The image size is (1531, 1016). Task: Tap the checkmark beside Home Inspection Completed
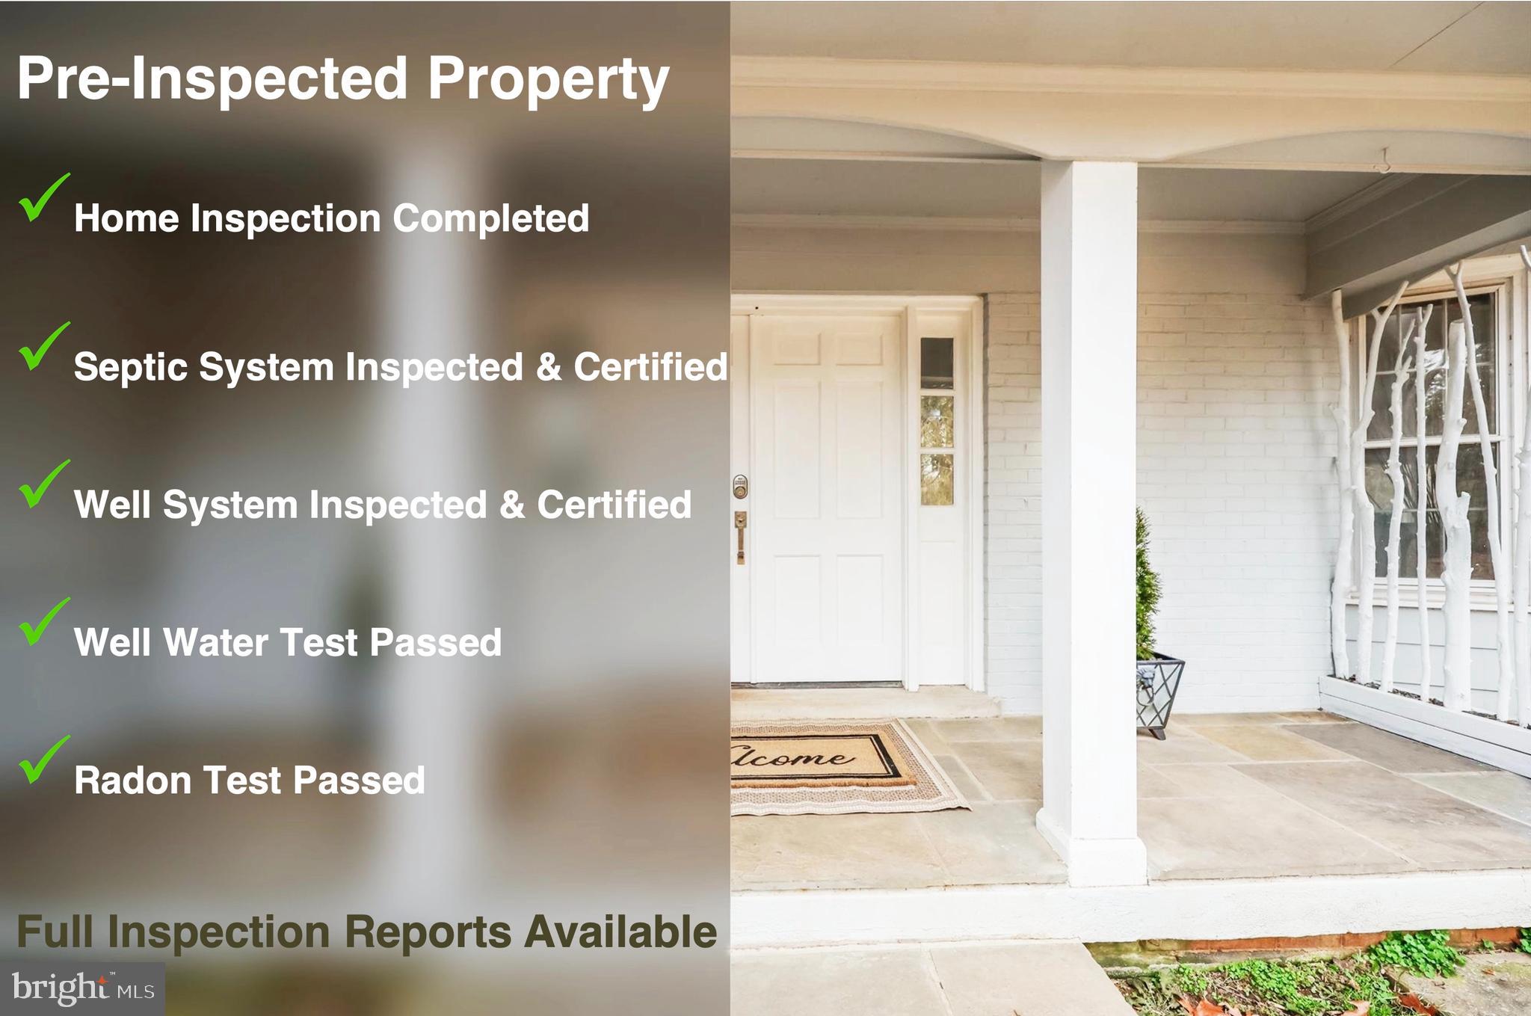click(43, 198)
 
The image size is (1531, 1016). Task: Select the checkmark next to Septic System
click(43, 346)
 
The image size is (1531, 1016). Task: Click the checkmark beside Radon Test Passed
click(43, 760)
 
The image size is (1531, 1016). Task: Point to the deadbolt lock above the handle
click(739, 486)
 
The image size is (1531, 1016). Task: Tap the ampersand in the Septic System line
click(548, 367)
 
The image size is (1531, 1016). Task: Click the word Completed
click(490, 219)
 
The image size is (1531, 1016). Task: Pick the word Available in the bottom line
click(620, 932)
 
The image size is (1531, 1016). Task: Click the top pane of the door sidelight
click(937, 363)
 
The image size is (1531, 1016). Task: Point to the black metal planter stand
click(1159, 695)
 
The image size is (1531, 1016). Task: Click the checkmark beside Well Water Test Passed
click(43, 622)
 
